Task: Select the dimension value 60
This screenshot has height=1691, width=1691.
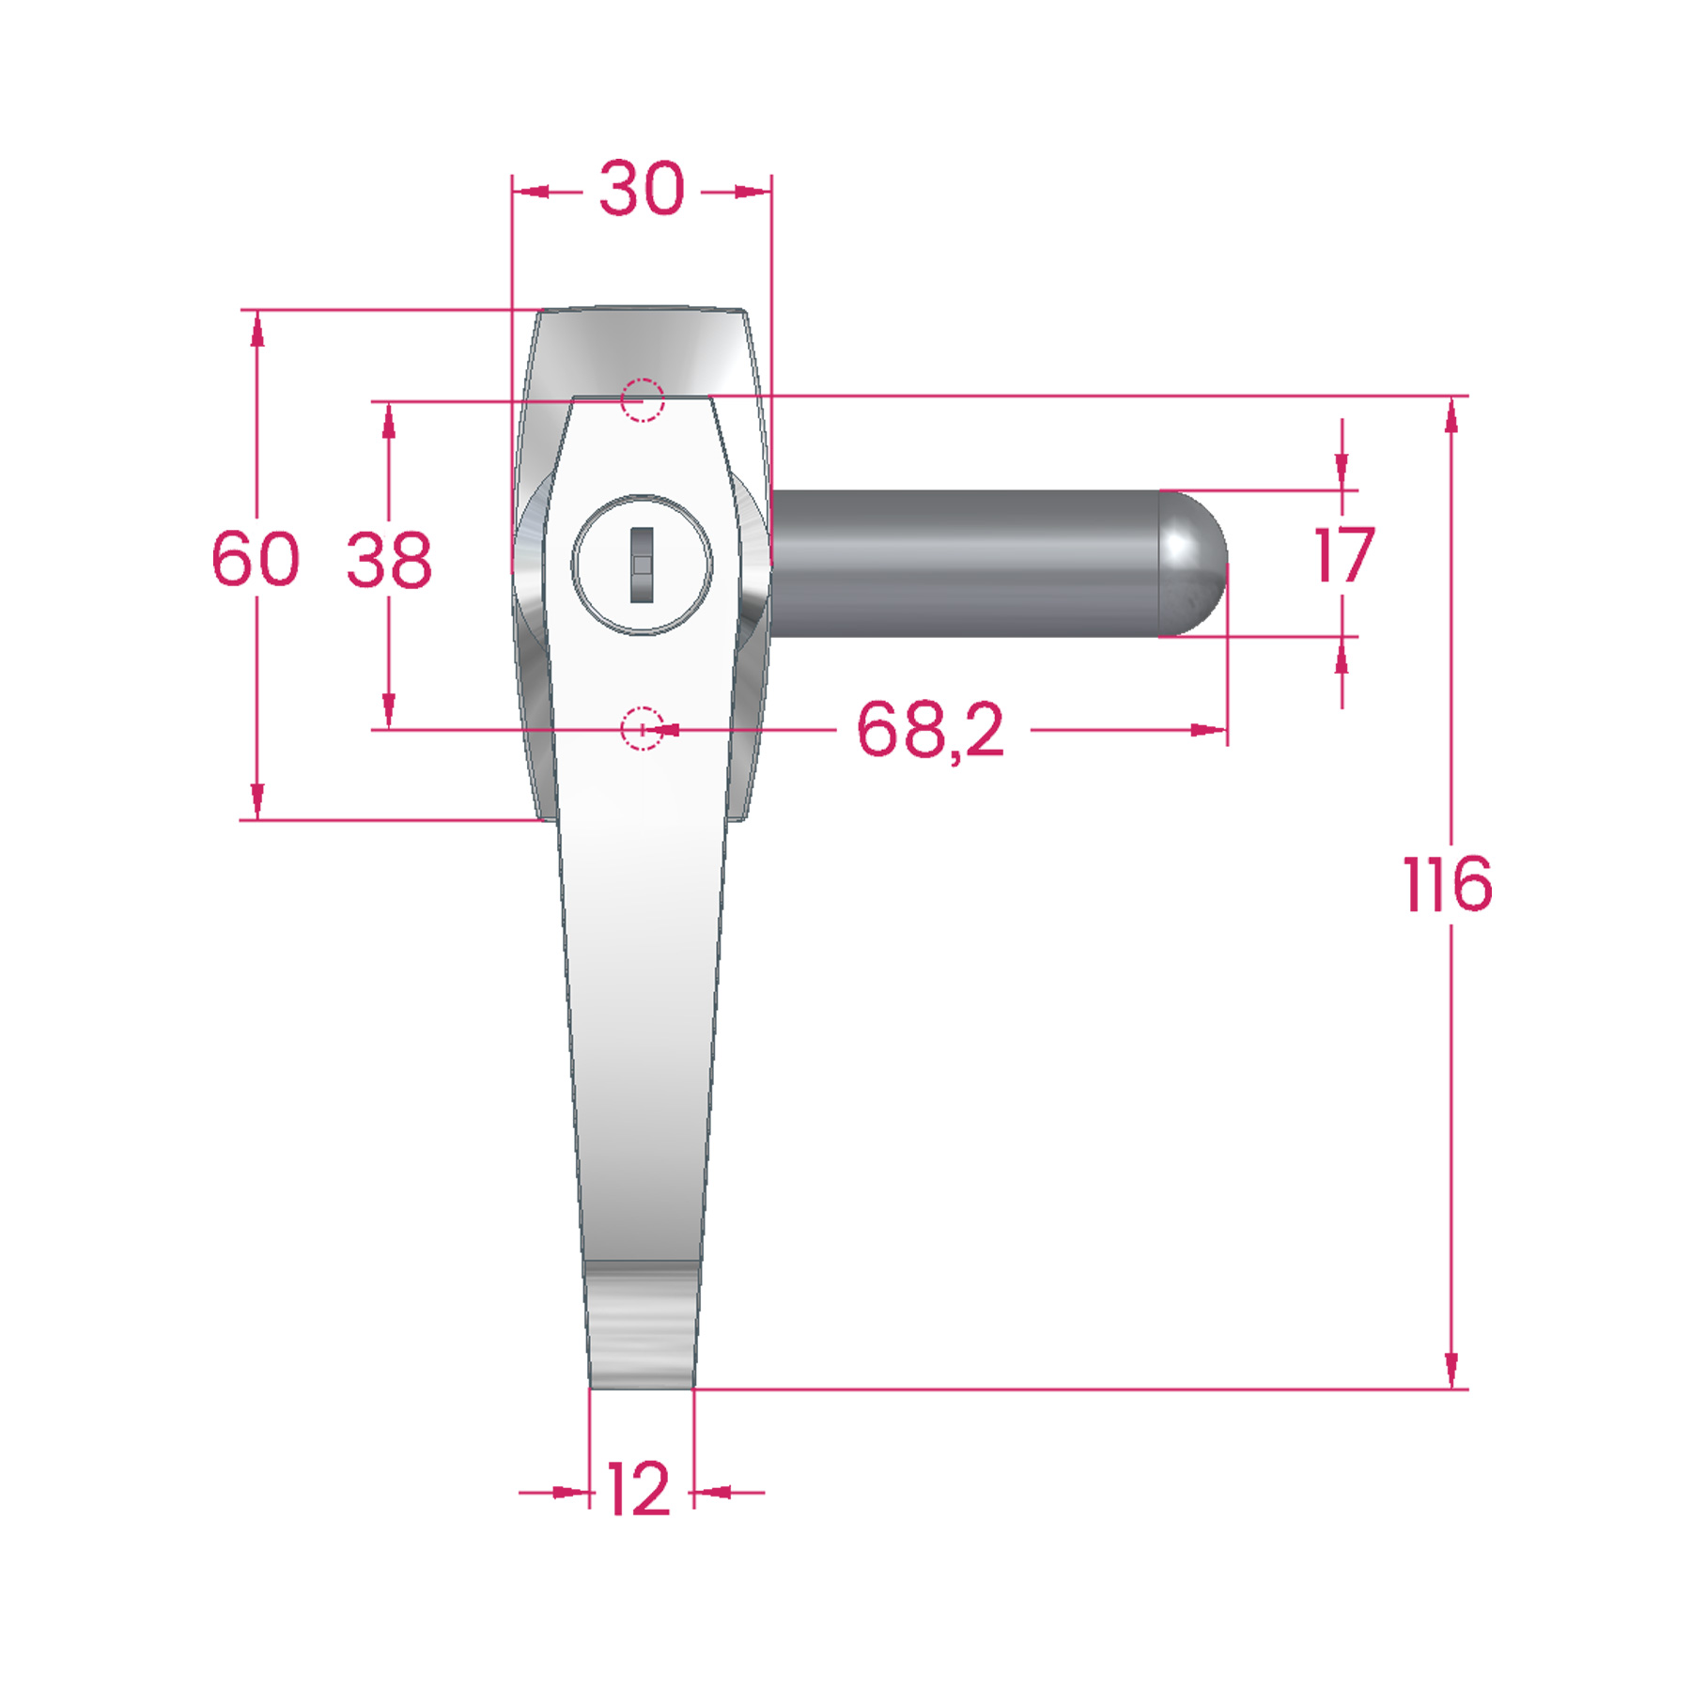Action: pos(256,559)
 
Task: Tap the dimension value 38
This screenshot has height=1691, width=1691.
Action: pos(389,561)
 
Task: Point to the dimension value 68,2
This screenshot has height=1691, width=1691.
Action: pos(930,730)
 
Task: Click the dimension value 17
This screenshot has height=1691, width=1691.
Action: pos(1344,555)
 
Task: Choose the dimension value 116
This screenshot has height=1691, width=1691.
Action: pos(1448,884)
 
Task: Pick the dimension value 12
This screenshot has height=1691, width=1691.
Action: pos(639,1490)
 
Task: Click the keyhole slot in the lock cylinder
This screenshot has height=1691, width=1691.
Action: pos(642,565)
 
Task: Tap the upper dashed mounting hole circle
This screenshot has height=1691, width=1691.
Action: pos(643,400)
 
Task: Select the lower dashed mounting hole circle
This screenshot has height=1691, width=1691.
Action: pos(643,729)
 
